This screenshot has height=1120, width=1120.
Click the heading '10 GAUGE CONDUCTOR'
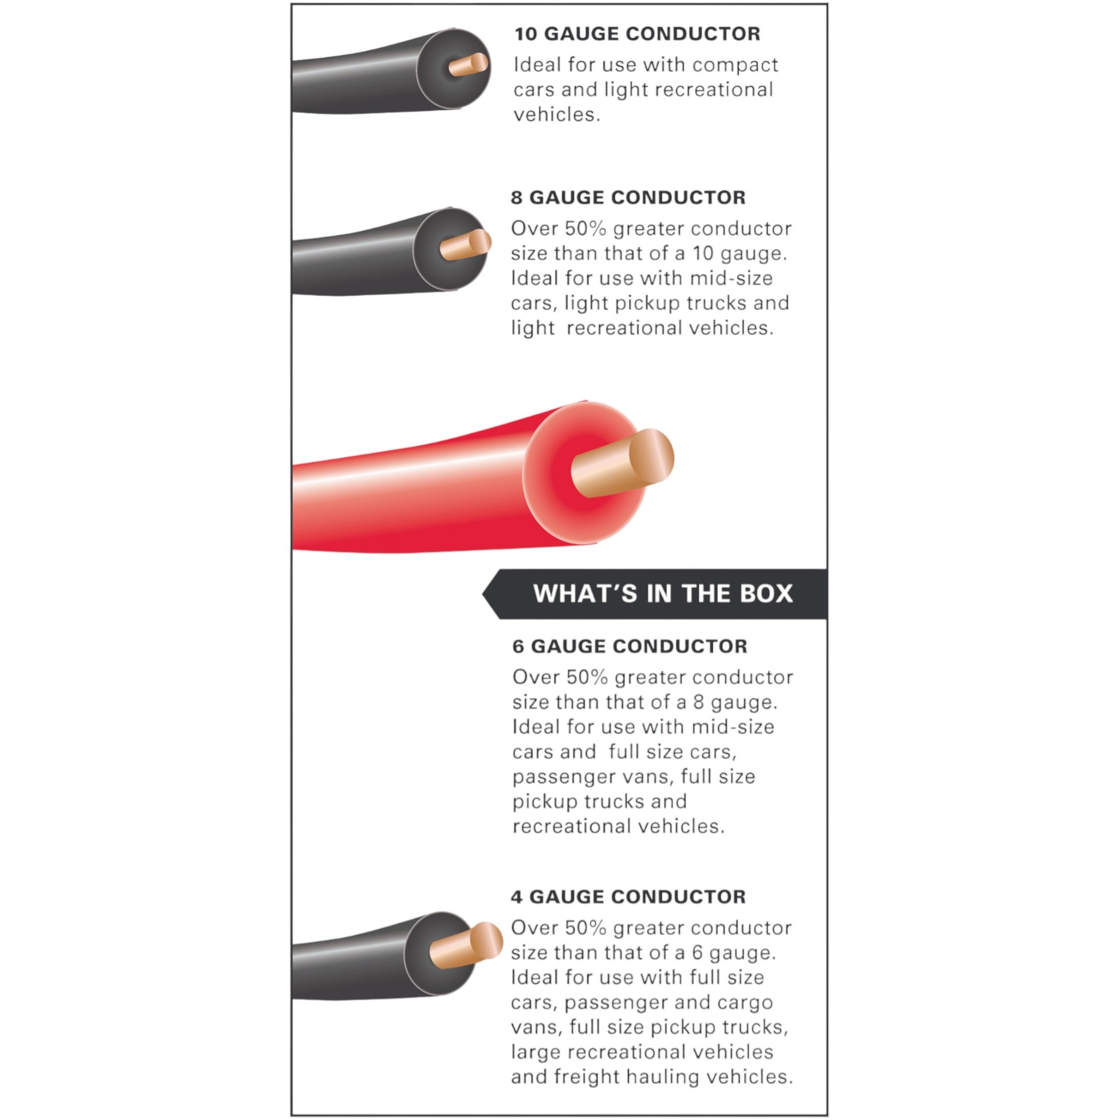[x=637, y=33]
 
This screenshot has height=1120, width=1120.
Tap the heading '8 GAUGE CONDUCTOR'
[x=628, y=197]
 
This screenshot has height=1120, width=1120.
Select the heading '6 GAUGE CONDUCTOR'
[x=630, y=646]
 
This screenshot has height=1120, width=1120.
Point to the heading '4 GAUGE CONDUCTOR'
[x=628, y=897]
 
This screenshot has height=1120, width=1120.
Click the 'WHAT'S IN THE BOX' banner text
[x=662, y=593]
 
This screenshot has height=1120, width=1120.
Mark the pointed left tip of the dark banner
[x=485, y=593]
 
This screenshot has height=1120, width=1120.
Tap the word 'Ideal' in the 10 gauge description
[x=536, y=65]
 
